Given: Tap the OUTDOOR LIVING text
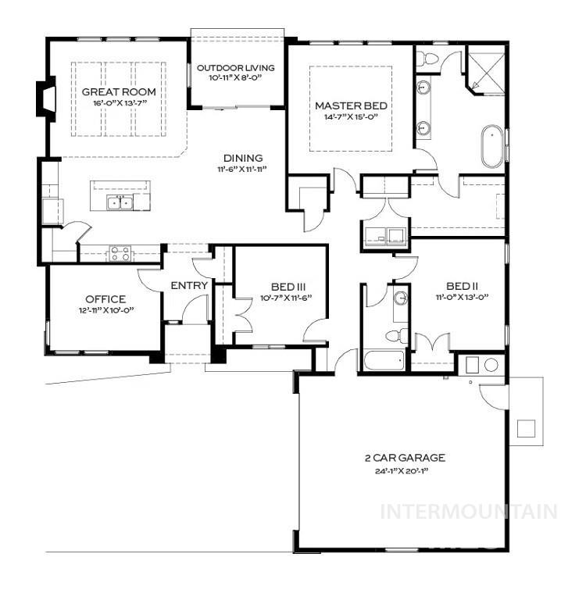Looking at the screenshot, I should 235,68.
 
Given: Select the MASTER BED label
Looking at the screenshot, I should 351,105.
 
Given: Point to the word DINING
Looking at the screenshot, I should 243,158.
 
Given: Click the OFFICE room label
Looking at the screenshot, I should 105,299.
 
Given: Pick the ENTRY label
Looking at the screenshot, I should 189,286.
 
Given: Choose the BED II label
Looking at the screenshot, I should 461,286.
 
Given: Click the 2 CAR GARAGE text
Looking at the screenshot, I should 404,458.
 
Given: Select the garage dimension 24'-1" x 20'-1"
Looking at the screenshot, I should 404,470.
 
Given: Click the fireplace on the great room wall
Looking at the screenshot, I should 46,98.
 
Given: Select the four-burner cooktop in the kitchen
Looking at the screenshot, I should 120,253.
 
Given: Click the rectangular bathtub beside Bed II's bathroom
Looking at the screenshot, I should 384,361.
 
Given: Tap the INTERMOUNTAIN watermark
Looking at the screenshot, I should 467,512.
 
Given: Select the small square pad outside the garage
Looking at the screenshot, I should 526,428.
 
